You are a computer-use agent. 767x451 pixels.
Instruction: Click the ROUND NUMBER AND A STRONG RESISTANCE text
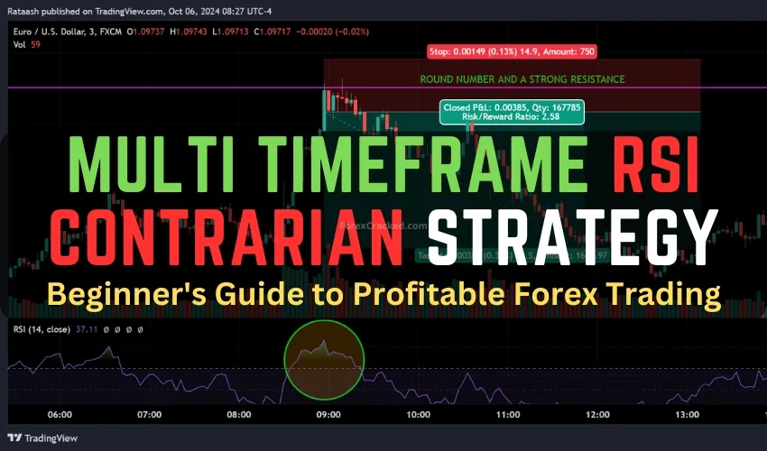(522, 79)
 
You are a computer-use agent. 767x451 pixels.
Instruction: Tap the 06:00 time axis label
(60, 415)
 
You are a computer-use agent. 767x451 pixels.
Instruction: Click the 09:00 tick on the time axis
(328, 415)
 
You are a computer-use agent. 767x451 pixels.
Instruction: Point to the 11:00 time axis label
(508, 415)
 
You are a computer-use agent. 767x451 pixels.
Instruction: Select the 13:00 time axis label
(687, 415)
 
